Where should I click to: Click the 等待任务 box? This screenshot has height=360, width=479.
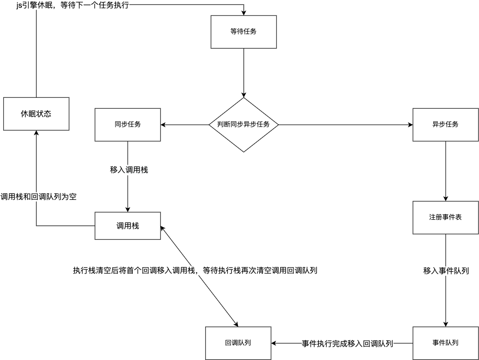[244, 32]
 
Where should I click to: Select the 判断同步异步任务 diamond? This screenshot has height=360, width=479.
[244, 125]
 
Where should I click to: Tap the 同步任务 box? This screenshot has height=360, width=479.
[127, 125]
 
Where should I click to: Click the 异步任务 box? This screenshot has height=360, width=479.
[445, 125]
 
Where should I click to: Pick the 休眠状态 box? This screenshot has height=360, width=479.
[36, 114]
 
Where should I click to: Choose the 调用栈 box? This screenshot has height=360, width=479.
[127, 226]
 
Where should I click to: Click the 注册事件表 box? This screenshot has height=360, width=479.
[445, 217]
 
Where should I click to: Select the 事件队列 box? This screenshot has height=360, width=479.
[445, 343]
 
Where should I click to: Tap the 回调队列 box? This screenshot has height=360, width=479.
[238, 343]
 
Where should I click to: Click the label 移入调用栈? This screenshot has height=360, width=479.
[128, 170]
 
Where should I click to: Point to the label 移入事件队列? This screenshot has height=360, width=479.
[445, 271]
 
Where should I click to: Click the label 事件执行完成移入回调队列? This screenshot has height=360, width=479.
[347, 343]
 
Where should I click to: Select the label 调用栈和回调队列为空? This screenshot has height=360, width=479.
[38, 197]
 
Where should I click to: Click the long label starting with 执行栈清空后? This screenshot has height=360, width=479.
[195, 270]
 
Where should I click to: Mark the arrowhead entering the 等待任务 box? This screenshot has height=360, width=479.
[244, 13]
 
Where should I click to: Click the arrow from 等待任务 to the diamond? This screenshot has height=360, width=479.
[244, 73]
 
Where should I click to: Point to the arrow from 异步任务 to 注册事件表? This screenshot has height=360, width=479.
[445, 171]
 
